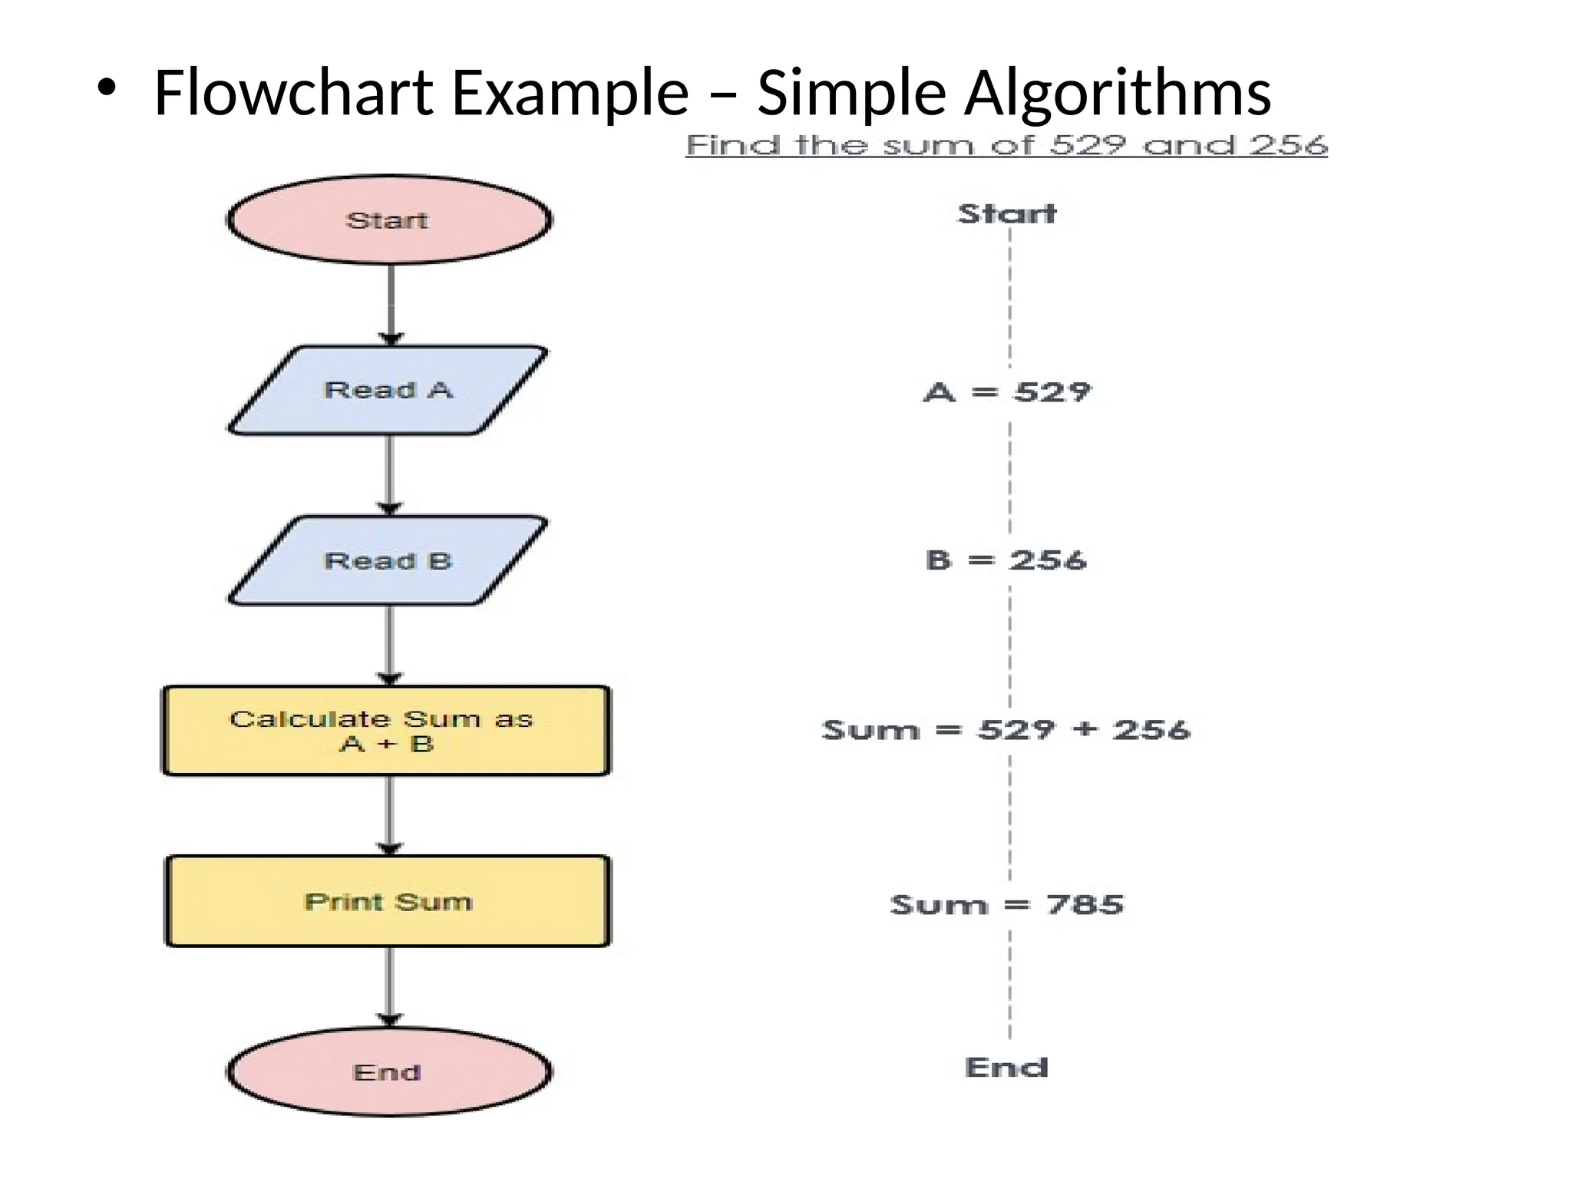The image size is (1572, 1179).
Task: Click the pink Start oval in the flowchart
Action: (x=388, y=220)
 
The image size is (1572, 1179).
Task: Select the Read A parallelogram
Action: (x=388, y=390)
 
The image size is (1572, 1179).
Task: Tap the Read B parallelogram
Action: (x=388, y=561)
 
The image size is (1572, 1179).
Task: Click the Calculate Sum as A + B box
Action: (x=386, y=731)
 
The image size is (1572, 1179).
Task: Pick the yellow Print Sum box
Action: (x=388, y=901)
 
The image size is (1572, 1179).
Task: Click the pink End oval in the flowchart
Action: (x=388, y=1072)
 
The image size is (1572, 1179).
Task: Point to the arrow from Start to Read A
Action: (x=391, y=303)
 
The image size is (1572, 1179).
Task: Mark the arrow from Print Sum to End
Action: (x=390, y=986)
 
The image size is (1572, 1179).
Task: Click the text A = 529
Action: (x=1007, y=392)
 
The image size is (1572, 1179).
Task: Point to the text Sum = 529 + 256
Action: (x=1006, y=729)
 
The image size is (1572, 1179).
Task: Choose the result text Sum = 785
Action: (x=1007, y=905)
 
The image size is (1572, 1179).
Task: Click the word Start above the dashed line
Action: (x=1007, y=213)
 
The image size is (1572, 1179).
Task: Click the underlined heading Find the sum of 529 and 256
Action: (x=1006, y=145)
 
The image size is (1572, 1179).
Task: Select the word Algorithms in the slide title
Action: (x=1118, y=94)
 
